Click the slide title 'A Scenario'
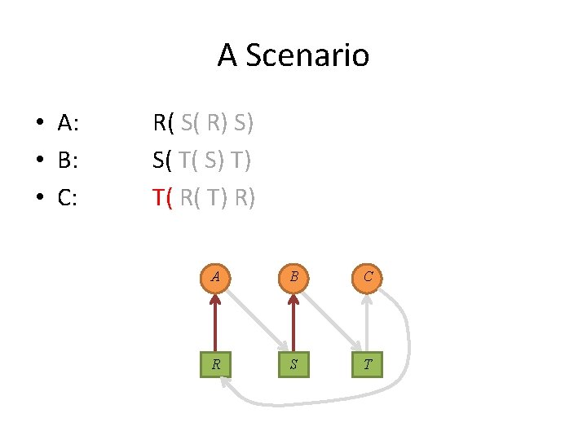[x=293, y=55]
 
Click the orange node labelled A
[x=215, y=276]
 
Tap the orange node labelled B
[x=293, y=276]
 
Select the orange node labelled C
[x=369, y=276]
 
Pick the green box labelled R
[x=215, y=364]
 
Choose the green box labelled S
[x=293, y=364]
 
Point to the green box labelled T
[x=369, y=364]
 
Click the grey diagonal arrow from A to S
[x=254, y=319]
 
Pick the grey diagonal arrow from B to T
[x=330, y=319]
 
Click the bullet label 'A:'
[x=68, y=124]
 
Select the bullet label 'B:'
[x=68, y=161]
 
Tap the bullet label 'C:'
[x=68, y=197]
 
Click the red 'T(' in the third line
[x=164, y=197]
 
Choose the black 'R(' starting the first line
[x=164, y=124]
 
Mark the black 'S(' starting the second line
[x=163, y=161]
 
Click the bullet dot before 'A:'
[x=38, y=125]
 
